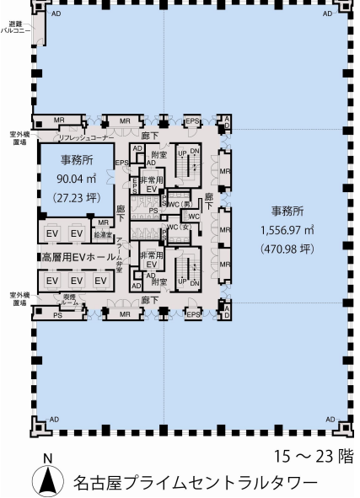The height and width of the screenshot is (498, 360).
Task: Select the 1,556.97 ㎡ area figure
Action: click(x=287, y=228)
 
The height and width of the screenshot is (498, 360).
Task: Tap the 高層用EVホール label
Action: click(x=77, y=256)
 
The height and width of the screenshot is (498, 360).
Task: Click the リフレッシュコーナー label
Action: click(x=85, y=137)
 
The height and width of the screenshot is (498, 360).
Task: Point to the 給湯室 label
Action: click(x=103, y=233)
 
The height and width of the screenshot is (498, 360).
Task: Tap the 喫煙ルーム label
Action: click(x=70, y=300)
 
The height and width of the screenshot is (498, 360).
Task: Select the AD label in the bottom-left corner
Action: click(x=55, y=419)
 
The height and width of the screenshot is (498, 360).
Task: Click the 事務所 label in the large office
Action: click(x=287, y=210)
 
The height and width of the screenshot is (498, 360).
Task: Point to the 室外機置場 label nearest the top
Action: click(x=18, y=137)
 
